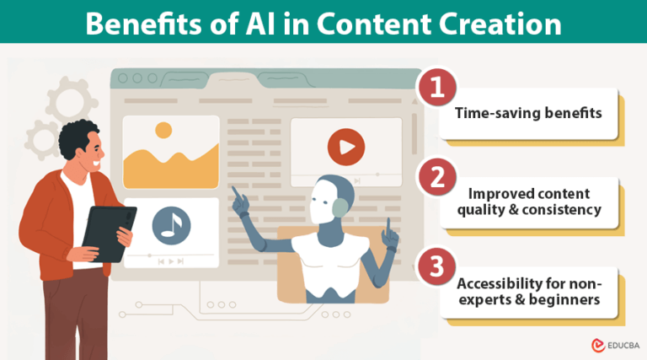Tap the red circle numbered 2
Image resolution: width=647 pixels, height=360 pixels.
point(436,177)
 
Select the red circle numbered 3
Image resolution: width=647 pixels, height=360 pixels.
point(436,265)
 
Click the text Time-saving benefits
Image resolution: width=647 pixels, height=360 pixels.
point(529,113)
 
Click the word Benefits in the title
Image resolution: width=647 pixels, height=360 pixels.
point(140,24)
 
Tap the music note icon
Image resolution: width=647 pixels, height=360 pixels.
point(171,225)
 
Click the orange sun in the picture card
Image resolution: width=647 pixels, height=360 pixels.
point(163,131)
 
